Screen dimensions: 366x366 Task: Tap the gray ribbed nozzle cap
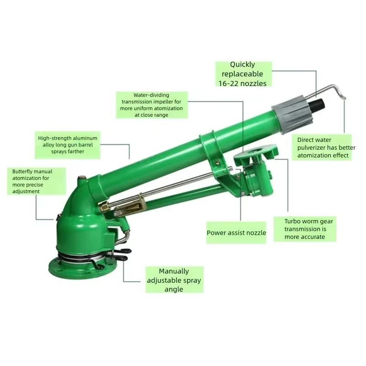pyautogui.click(x=291, y=113)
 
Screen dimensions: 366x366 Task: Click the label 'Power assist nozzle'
pyautogui.click(x=236, y=233)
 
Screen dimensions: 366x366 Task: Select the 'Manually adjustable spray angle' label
pyautogui.click(x=174, y=280)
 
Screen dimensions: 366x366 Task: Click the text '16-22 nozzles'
pyautogui.click(x=242, y=83)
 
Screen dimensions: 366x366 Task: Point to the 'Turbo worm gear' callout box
pyautogui.click(x=305, y=229)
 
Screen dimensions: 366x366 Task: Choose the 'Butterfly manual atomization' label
pyautogui.click(x=37, y=181)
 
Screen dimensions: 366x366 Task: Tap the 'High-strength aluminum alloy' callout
pyautogui.click(x=67, y=145)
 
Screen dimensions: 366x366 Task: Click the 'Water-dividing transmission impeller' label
pyautogui.click(x=152, y=105)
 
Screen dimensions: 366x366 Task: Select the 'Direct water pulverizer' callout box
pyautogui.click(x=322, y=147)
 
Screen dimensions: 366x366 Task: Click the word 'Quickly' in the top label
pyautogui.click(x=242, y=65)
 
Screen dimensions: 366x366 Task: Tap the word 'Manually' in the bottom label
pyautogui.click(x=174, y=271)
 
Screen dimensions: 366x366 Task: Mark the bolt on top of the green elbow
pyautogui.click(x=82, y=178)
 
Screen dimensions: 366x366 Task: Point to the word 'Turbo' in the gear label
pyautogui.click(x=291, y=221)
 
